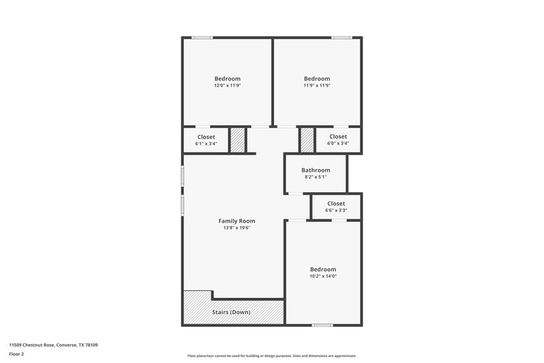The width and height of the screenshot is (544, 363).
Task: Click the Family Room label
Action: pos(237,221)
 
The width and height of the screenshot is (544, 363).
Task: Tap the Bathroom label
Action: pos(316,170)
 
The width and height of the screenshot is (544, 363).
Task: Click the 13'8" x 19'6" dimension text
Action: pos(237,228)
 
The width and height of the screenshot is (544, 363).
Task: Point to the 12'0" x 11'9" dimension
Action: pos(227,86)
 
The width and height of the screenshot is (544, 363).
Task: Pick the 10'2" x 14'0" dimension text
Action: pos(322,277)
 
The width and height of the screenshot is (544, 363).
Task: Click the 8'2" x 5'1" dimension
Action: pos(316,177)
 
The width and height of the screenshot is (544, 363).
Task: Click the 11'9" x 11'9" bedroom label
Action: pos(317,78)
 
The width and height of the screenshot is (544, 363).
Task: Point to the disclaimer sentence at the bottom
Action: pos(272,356)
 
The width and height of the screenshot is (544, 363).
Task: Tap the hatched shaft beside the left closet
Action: pos(237,140)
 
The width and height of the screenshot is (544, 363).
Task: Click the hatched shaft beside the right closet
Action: pos(307,140)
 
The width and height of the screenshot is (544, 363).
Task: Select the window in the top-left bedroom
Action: pos(201,37)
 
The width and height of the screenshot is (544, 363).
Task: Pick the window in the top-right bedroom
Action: pos(341,37)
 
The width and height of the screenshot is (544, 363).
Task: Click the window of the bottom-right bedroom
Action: pos(322,325)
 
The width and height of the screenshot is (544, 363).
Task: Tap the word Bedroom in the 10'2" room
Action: pos(322,269)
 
